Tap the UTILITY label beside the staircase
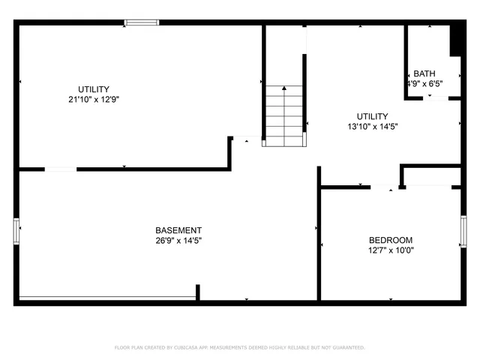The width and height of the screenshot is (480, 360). pos(372,116)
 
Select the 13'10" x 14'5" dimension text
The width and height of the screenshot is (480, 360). pos(372,127)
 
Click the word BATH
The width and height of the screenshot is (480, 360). pos(424,73)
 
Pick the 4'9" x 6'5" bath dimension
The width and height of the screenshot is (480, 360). pos(424,84)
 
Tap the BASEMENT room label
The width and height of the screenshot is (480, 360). pos(178,230)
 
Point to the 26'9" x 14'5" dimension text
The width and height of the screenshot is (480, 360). pos(178,241)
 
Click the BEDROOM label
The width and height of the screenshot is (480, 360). pos(391,240)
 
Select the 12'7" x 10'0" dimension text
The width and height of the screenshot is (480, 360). pos(391,250)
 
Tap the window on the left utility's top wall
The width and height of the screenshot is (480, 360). pos(142,22)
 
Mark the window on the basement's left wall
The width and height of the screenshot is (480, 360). pos(16,231)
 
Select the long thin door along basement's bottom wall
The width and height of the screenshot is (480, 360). pos(106,298)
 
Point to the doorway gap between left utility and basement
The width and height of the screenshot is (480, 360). pos(61,169)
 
